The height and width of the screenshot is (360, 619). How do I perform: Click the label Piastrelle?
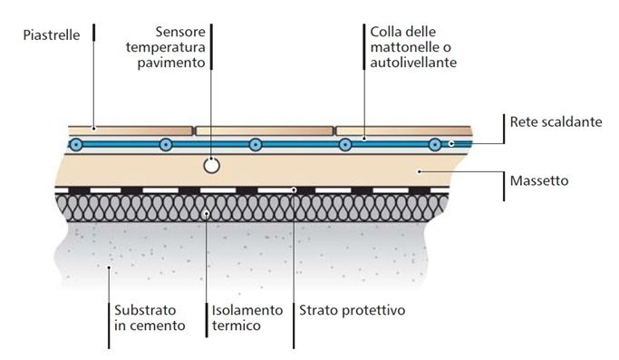pyautogui.click(x=52, y=34)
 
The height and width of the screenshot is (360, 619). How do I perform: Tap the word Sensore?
pyautogui.click(x=180, y=32)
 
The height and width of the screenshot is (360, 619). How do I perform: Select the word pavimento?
pyautogui.click(x=171, y=63)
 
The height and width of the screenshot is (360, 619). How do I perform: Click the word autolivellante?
pyautogui.click(x=413, y=62)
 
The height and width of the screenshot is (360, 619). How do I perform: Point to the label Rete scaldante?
pyautogui.click(x=556, y=122)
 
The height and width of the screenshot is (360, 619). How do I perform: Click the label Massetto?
pyautogui.click(x=539, y=180)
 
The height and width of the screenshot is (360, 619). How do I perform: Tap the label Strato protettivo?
pyautogui.click(x=353, y=310)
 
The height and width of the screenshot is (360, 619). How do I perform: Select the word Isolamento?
pyautogui.click(x=247, y=310)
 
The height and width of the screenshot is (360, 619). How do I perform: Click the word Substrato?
pyautogui.click(x=145, y=310)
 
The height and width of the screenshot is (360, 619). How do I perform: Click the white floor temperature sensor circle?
pyautogui.click(x=211, y=166)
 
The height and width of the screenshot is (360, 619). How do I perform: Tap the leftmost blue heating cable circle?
pyautogui.click(x=76, y=144)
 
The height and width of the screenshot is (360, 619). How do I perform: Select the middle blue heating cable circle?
pyautogui.click(x=256, y=144)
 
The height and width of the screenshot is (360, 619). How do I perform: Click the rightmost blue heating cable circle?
pyautogui.click(x=435, y=144)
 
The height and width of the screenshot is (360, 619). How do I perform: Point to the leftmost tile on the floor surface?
pyautogui.click(x=131, y=131)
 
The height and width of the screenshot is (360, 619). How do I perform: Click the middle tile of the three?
pyautogui.click(x=265, y=131)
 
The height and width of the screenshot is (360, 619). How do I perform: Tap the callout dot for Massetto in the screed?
pyautogui.click(x=420, y=171)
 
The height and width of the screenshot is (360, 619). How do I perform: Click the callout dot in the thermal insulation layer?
pyautogui.click(x=206, y=213)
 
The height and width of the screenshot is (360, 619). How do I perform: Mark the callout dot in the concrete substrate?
pyautogui.click(x=109, y=268)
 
